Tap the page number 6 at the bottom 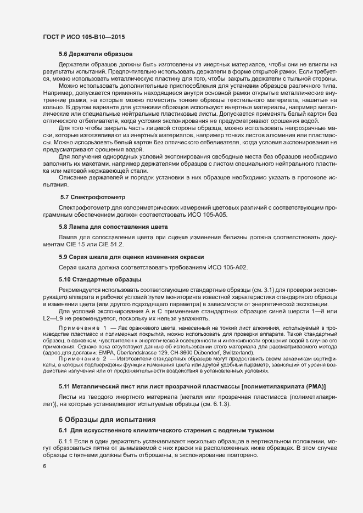(44, 466)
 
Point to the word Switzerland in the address (237, 352)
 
